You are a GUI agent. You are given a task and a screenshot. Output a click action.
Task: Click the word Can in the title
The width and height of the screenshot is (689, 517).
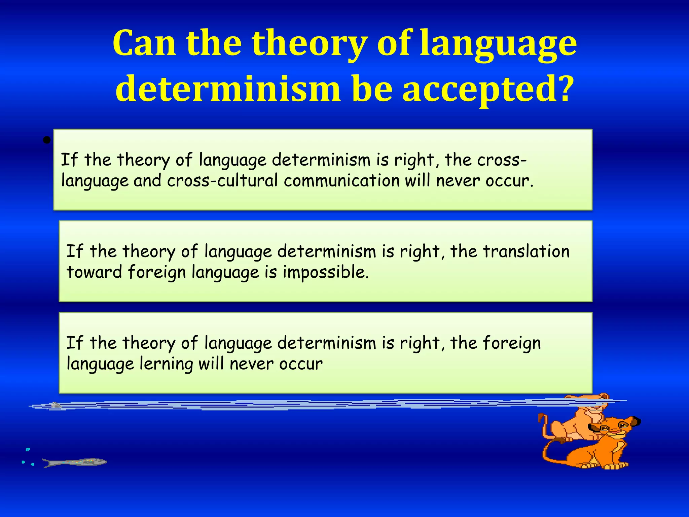144,44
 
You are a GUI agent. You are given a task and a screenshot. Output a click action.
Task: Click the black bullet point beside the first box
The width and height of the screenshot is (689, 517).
47,140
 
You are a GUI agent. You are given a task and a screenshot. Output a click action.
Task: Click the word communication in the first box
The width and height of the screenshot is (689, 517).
341,181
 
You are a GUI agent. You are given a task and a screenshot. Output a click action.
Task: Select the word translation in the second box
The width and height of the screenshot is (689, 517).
527,251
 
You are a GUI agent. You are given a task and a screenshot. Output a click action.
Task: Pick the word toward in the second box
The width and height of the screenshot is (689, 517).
94,272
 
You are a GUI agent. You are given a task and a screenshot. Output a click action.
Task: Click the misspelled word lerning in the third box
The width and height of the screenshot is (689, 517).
166,364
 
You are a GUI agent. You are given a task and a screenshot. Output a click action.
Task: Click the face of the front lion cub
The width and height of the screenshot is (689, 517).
611,429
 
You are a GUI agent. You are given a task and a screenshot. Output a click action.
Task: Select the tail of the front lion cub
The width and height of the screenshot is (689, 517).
552,451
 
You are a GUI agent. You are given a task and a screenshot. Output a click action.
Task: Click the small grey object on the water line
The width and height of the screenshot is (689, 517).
56,405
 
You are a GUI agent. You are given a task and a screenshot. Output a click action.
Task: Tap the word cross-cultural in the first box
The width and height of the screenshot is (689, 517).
222,181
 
